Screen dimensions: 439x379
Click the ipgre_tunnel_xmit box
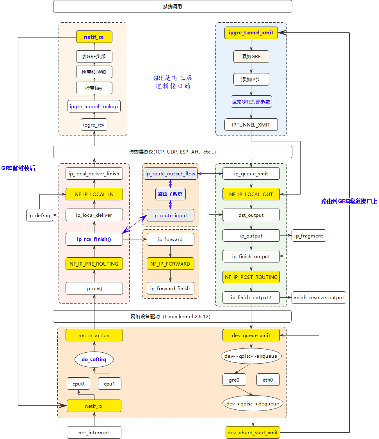pyautogui.click(x=251, y=33)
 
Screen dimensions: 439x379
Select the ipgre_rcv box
pyautogui.click(x=94, y=125)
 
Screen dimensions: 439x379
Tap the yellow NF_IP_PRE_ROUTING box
pyautogui.click(x=94, y=264)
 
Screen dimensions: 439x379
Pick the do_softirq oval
pyautogui.click(x=94, y=359)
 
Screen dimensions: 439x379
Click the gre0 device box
pyautogui.click(x=234, y=380)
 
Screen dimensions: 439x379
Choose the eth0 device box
pyautogui.click(x=268, y=380)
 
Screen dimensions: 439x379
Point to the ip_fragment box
pyautogui.click(x=309, y=236)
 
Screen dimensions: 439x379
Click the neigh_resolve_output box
pyautogui.click(x=319, y=298)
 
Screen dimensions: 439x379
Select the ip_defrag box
pyautogui.click(x=40, y=215)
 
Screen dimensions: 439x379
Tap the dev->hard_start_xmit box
pyautogui.click(x=253, y=432)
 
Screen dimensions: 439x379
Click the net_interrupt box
pyautogui.click(x=94, y=432)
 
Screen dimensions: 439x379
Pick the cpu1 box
pyautogui.click(x=110, y=384)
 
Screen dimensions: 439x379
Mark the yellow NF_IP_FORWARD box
pyautogui.click(x=170, y=264)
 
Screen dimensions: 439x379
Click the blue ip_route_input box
pyautogui.click(x=170, y=215)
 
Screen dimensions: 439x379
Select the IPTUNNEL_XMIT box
pyautogui.click(x=251, y=125)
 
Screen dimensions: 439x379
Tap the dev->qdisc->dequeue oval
pyautogui.click(x=253, y=403)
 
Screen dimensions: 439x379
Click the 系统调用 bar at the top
pyautogui.click(x=173, y=6)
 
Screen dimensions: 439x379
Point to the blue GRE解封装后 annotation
pyautogui.click(x=18, y=168)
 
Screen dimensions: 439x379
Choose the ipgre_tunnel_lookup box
pyautogui.click(x=94, y=106)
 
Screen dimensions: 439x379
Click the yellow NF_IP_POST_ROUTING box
pyautogui.click(x=251, y=277)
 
